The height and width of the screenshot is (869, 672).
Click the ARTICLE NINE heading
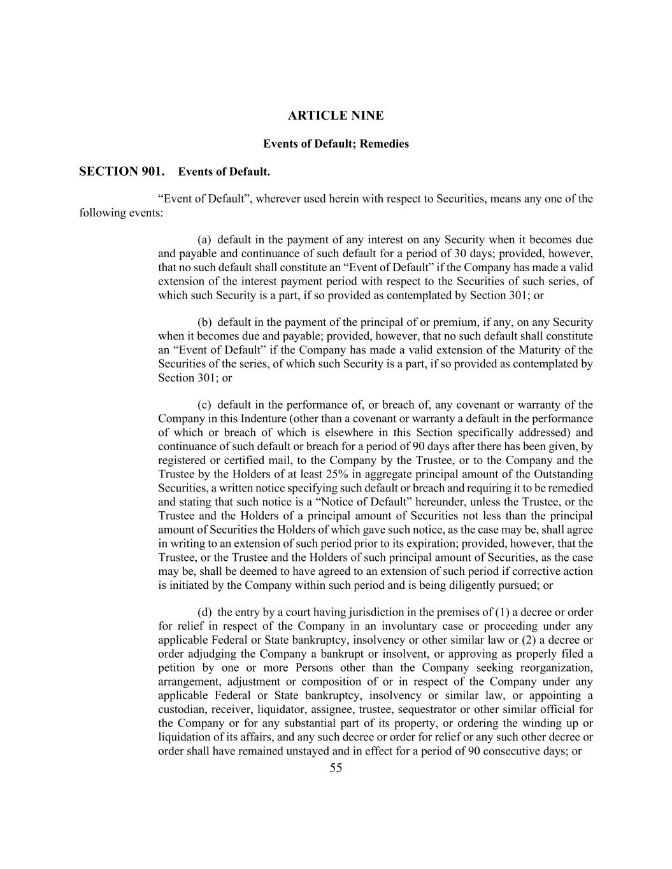tap(336, 116)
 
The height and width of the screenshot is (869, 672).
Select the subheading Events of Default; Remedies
tap(336, 144)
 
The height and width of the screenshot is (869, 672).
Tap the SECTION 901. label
tap(122, 171)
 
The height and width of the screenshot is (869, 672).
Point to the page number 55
tap(336, 768)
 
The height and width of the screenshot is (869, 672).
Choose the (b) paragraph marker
tap(204, 322)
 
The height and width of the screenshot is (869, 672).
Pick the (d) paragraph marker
tap(204, 612)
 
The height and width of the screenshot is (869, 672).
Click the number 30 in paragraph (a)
tap(469, 254)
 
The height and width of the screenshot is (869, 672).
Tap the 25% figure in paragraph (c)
tap(335, 474)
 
